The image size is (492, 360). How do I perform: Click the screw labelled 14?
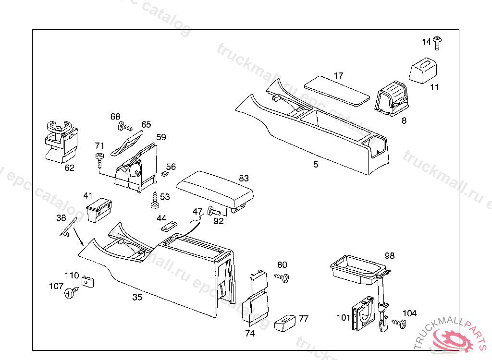point(438,43)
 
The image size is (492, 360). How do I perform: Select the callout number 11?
point(434,87)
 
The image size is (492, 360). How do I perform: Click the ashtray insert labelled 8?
point(393,99)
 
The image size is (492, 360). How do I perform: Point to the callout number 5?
point(316,165)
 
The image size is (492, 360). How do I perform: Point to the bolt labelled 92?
point(216,211)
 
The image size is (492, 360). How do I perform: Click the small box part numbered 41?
point(99,209)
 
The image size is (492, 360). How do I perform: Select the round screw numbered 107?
point(71,292)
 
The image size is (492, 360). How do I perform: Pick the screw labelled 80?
point(282,277)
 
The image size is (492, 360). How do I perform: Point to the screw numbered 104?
point(398,323)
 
